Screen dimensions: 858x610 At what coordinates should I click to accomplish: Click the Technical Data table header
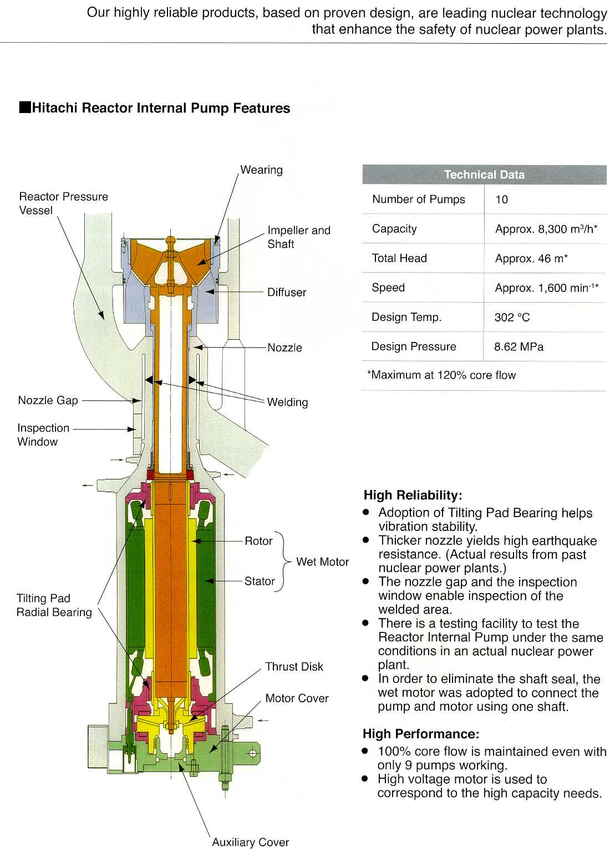click(484, 175)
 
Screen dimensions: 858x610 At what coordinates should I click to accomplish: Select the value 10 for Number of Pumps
click(501, 200)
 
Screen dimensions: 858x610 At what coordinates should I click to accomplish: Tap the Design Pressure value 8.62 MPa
click(518, 347)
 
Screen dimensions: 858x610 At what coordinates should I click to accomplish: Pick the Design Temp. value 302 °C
click(512, 318)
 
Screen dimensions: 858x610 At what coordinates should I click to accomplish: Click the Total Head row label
click(399, 258)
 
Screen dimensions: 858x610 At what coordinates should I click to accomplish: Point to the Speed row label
click(388, 288)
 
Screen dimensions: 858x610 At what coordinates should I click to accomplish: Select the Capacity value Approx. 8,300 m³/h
click(546, 229)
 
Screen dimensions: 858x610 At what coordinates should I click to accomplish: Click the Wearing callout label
click(261, 170)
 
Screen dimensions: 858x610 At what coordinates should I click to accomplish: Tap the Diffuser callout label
click(287, 292)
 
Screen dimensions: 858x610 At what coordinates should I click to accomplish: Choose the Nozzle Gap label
click(48, 400)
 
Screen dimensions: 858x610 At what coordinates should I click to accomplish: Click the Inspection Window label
click(43, 435)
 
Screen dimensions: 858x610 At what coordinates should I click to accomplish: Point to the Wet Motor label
click(322, 561)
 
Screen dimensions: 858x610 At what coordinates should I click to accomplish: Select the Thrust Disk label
click(294, 666)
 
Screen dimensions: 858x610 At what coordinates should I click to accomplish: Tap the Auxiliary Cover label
click(250, 842)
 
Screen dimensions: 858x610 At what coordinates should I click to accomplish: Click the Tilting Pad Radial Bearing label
click(54, 605)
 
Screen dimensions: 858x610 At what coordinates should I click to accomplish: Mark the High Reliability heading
click(413, 495)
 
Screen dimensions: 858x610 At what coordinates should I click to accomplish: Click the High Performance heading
click(420, 734)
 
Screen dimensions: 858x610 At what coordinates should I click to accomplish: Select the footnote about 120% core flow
click(441, 375)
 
